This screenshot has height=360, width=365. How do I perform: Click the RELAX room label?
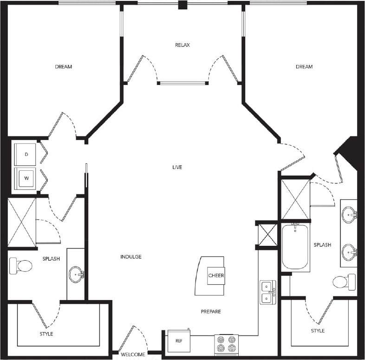click(x=182, y=45)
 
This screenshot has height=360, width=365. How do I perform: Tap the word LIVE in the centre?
click(x=176, y=167)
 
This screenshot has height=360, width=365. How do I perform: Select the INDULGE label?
click(x=130, y=257)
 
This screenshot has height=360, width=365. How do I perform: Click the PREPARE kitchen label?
click(x=210, y=311)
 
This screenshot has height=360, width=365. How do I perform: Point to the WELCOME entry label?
click(x=133, y=355)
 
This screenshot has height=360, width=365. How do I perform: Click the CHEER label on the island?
click(x=216, y=276)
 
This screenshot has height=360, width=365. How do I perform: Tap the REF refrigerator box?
click(x=178, y=341)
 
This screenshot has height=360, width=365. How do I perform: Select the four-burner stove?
click(x=226, y=345)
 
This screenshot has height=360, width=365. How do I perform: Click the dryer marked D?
click(x=26, y=154)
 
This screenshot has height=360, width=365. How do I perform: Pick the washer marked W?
click(x=26, y=178)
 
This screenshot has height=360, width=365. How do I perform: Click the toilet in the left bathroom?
click(x=20, y=266)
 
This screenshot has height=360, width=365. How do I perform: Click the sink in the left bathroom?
click(x=77, y=275)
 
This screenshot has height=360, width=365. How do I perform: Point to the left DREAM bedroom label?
click(x=64, y=67)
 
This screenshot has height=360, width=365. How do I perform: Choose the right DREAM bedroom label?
click(x=304, y=67)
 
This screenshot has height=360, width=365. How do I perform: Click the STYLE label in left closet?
click(x=46, y=334)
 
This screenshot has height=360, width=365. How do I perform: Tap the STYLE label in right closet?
click(x=318, y=331)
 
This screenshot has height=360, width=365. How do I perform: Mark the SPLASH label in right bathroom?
click(x=322, y=245)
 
